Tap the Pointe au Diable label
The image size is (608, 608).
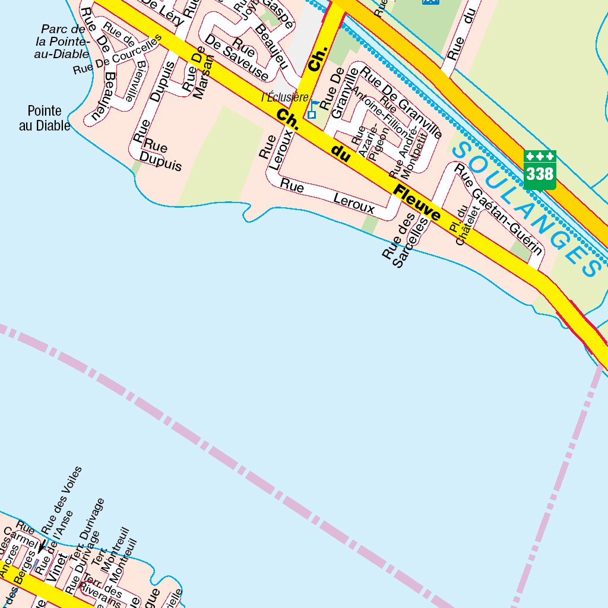[45, 118]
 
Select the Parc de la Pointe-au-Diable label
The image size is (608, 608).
[62, 41]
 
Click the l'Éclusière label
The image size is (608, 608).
[285, 97]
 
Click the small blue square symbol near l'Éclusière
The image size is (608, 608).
[312, 114]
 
